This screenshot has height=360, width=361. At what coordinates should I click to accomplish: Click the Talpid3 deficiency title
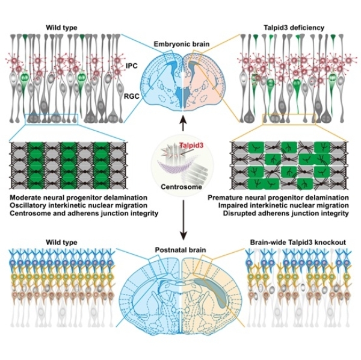click(289, 26)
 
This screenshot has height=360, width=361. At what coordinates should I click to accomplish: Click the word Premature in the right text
click(228, 197)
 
